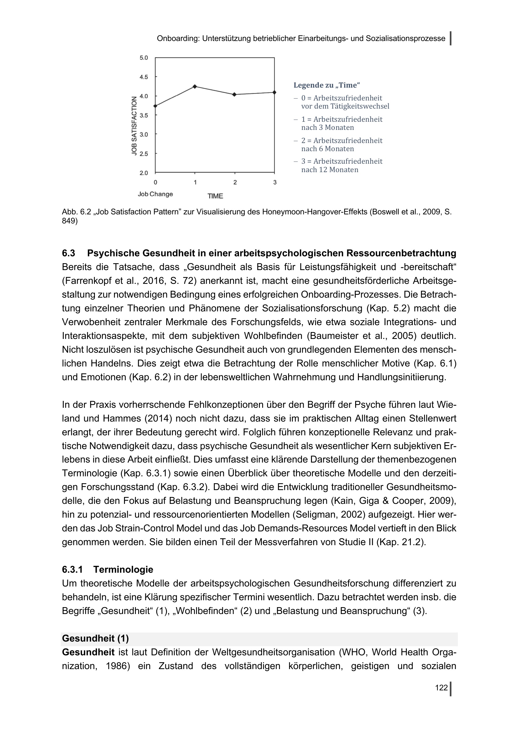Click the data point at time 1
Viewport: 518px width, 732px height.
[195, 86]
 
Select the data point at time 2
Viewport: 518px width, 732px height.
[235, 95]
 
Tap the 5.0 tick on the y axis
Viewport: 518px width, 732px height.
[144, 58]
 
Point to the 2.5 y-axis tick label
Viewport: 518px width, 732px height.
[144, 154]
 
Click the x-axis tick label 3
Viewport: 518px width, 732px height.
[275, 182]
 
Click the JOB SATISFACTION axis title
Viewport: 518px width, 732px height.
[134, 126]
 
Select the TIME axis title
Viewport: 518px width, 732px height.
[215, 196]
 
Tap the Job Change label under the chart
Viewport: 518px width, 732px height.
[155, 194]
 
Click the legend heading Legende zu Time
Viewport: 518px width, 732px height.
[327, 85]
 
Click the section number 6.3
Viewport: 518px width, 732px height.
[69, 253]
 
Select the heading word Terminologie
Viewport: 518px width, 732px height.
[123, 569]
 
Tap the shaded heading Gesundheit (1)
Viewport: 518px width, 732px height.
[96, 638]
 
